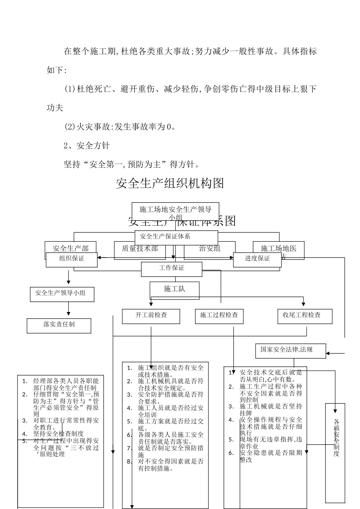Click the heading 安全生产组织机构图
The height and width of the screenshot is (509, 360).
[170, 183]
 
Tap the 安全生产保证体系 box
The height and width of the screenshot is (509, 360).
[176, 237]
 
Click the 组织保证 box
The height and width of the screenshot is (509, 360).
[72, 259]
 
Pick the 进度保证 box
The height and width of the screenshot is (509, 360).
[257, 259]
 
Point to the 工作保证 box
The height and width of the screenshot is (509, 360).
[171, 269]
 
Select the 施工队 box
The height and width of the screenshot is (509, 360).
[174, 289]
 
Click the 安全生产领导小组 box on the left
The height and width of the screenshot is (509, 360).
[62, 294]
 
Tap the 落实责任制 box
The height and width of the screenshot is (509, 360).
[59, 325]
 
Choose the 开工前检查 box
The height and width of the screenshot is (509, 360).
[151, 315]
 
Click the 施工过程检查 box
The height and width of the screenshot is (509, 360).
[219, 315]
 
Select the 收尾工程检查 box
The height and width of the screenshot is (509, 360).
[305, 315]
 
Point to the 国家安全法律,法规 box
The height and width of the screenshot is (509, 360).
[290, 350]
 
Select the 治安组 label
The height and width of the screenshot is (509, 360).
[209, 248]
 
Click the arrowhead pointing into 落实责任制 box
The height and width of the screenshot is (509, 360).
[69, 314]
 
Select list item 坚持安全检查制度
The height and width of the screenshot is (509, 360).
[58, 434]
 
